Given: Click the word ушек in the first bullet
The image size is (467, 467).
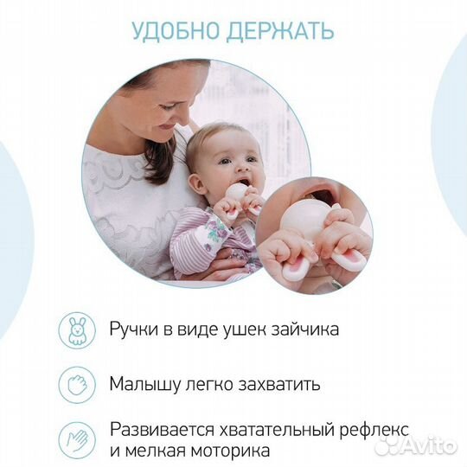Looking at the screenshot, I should coord(244,329).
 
